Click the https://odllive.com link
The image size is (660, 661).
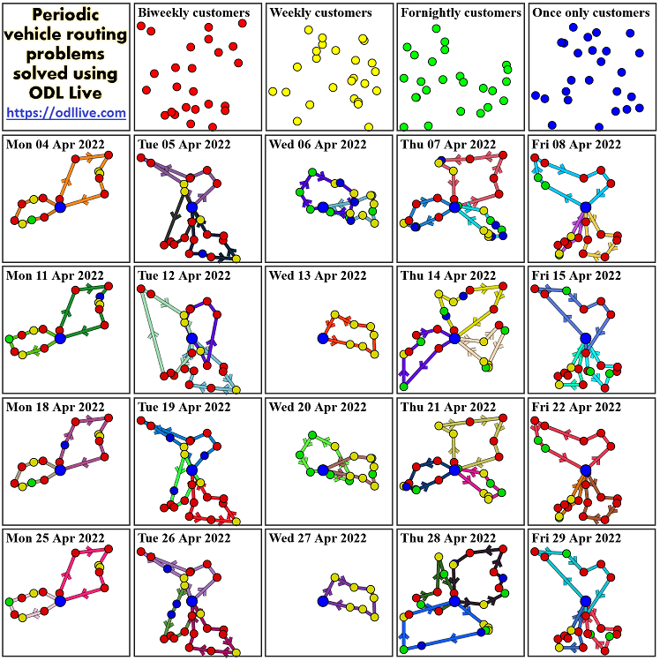66,113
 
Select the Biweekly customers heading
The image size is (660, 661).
194,12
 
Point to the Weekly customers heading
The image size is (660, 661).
320,12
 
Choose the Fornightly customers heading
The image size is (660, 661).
461,12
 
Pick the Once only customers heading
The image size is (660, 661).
591,12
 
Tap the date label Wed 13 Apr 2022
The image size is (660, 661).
318,275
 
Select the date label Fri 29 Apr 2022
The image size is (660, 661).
576,537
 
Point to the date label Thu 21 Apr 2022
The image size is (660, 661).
448,407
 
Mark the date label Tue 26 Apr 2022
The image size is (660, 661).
184,537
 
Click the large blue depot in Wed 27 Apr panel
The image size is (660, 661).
322,601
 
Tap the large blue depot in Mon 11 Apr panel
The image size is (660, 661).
60,338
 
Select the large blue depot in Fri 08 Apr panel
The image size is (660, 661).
584,207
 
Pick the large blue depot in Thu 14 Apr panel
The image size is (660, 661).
454,338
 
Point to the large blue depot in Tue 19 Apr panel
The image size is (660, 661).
191,469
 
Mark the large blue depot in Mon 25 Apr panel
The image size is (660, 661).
60,601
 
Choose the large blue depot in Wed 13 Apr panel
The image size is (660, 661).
322,338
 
